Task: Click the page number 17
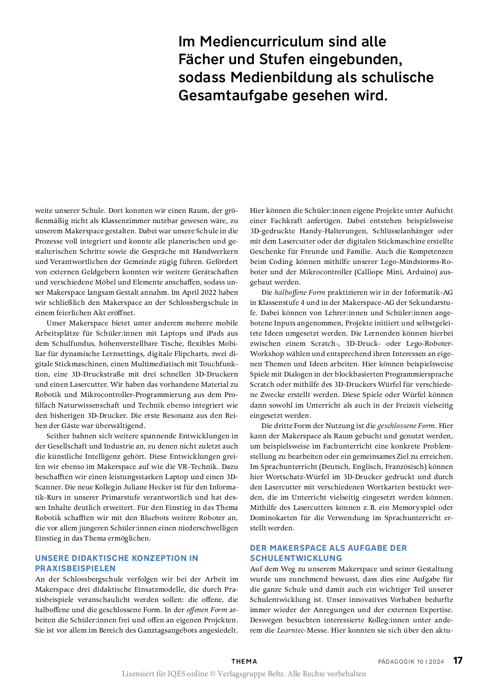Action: pyautogui.click(x=458, y=660)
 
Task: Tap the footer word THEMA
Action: pyautogui.click(x=244, y=662)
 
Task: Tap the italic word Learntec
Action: pyautogui.click(x=291, y=630)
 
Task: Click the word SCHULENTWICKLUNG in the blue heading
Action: pyautogui.click(x=296, y=558)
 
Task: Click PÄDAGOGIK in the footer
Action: pyautogui.click(x=396, y=662)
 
